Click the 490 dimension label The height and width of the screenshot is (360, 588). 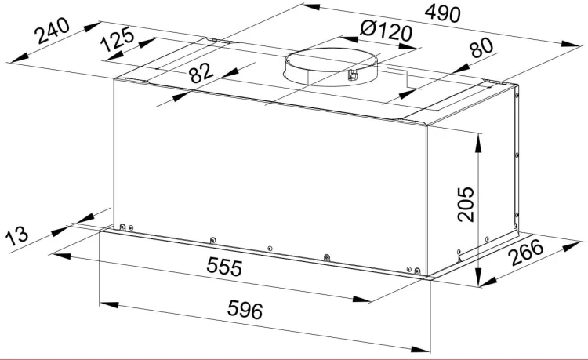coord(442,14)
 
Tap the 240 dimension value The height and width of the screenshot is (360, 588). coord(52,31)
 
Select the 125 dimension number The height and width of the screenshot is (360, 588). coord(118,39)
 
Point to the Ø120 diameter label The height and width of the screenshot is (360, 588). coord(386,30)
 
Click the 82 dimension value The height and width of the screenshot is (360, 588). coord(201,73)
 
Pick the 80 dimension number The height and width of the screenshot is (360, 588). coord(481,48)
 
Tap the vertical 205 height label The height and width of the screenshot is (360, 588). coord(466,204)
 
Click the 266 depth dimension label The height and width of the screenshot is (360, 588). coord(527,253)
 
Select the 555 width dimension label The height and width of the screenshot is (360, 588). coord(225,267)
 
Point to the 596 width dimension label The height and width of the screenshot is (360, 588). coord(245,310)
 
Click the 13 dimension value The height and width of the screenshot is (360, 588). coord(17,235)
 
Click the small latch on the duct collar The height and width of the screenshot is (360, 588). coord(353,75)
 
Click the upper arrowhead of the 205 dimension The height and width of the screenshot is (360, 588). coord(478,143)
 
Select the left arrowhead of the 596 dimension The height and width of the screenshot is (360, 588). coord(109,304)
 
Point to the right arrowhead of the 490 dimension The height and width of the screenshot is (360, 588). coord(571,44)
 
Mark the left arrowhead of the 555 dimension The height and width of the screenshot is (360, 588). coord(61,256)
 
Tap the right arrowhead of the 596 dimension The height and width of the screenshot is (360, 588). coord(420,349)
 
